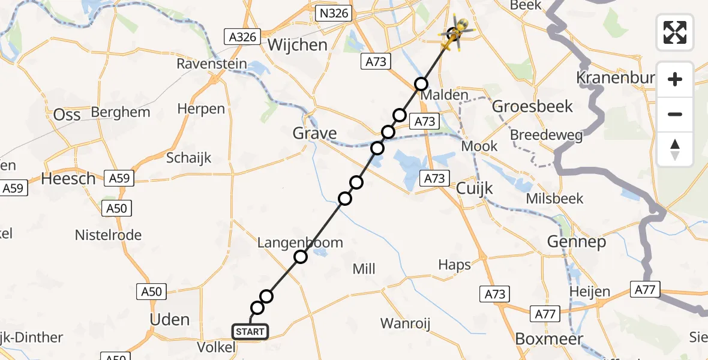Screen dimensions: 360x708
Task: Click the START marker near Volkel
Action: point(250,332)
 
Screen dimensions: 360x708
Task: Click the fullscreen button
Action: point(675,32)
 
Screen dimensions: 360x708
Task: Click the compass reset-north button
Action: point(675,149)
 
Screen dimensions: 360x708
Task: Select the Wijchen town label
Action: point(298,45)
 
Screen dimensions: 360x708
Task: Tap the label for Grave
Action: point(314,133)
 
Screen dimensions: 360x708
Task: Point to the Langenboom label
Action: point(300,242)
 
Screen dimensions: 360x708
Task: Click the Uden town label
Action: point(170,319)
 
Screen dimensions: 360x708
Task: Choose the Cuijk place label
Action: point(474,188)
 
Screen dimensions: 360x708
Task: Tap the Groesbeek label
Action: point(532,107)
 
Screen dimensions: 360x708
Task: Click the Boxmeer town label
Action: point(549,339)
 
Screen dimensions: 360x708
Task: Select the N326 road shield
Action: point(334,13)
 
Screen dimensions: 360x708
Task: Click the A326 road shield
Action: point(242,37)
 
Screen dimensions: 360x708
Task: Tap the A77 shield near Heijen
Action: point(644,290)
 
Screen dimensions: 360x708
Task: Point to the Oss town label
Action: point(67,115)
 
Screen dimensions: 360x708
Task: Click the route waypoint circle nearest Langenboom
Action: point(301,257)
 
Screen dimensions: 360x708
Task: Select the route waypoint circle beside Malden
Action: point(422,83)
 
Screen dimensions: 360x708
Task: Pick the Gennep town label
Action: point(568,242)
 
